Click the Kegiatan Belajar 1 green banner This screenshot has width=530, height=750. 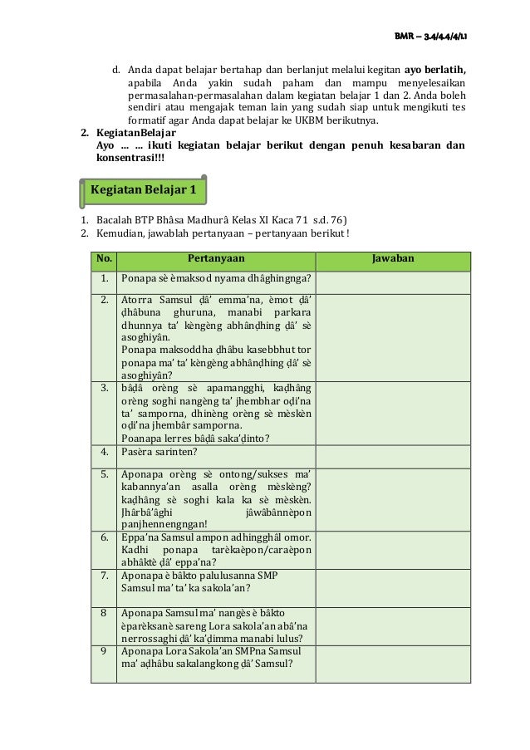(x=144, y=190)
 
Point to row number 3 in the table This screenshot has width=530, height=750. (x=104, y=388)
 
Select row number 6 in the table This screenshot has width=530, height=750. (x=104, y=537)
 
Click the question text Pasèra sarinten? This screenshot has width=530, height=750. (x=159, y=453)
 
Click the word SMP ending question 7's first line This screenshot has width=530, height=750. (x=267, y=575)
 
